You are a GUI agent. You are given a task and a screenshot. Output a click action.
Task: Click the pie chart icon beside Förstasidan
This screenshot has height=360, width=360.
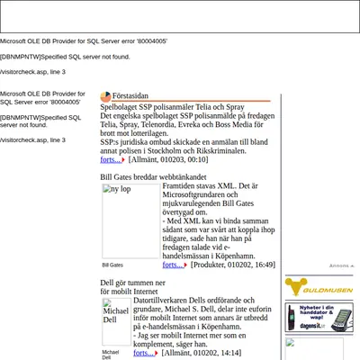[105, 97]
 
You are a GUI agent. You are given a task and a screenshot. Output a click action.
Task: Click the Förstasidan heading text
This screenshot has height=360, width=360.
[130, 96]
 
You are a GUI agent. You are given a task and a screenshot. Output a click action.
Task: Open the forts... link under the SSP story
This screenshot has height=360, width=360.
[111, 159]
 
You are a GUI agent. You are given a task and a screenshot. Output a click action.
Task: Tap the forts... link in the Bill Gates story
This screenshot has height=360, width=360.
[173, 265]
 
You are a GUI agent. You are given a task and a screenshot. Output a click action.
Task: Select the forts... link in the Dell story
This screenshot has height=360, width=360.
[144, 353]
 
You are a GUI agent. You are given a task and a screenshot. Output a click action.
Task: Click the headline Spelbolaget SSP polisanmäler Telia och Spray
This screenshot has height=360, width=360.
[172, 107]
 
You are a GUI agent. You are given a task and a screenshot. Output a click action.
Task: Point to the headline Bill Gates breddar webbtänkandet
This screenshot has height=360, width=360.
[153, 177]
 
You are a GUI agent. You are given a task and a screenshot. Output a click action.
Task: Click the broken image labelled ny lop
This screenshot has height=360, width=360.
[131, 221]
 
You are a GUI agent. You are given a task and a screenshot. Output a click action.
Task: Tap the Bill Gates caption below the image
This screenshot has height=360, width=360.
[112, 265]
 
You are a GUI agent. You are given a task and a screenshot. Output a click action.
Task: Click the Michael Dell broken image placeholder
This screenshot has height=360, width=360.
[116, 321]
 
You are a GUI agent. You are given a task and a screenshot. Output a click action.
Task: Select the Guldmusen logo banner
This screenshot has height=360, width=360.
[319, 287]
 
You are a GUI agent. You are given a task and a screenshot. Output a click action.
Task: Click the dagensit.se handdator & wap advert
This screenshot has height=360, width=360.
[319, 318]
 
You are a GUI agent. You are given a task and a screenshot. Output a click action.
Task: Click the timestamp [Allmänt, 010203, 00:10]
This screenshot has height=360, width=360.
[168, 159]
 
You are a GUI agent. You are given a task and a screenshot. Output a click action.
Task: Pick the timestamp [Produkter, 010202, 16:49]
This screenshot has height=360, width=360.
[233, 265]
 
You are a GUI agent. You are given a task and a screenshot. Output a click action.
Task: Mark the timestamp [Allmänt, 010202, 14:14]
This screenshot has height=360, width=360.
[202, 353]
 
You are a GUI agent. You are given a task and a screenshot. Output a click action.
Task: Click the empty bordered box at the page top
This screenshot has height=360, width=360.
[180, 16]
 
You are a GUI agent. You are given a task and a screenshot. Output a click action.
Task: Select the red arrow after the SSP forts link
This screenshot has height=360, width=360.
[123, 160]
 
